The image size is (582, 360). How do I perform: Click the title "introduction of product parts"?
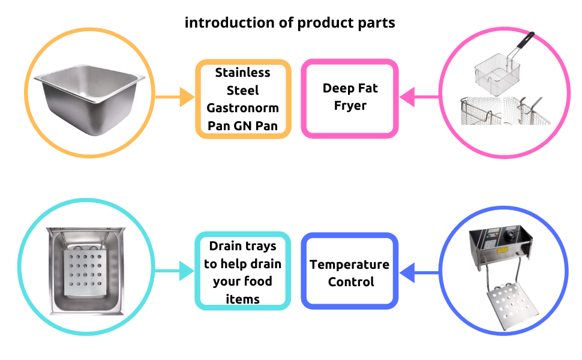point(290,23)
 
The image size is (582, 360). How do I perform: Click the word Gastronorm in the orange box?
point(243,108)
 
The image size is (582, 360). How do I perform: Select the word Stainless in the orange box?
point(243,73)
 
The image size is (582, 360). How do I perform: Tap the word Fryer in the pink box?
point(350,106)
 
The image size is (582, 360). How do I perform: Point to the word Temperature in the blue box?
point(350,265)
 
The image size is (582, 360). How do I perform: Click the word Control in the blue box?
point(351,281)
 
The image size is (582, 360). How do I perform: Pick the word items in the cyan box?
point(243,298)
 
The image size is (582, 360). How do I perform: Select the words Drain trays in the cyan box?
point(243,246)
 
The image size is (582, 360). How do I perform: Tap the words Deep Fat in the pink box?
point(350,88)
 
